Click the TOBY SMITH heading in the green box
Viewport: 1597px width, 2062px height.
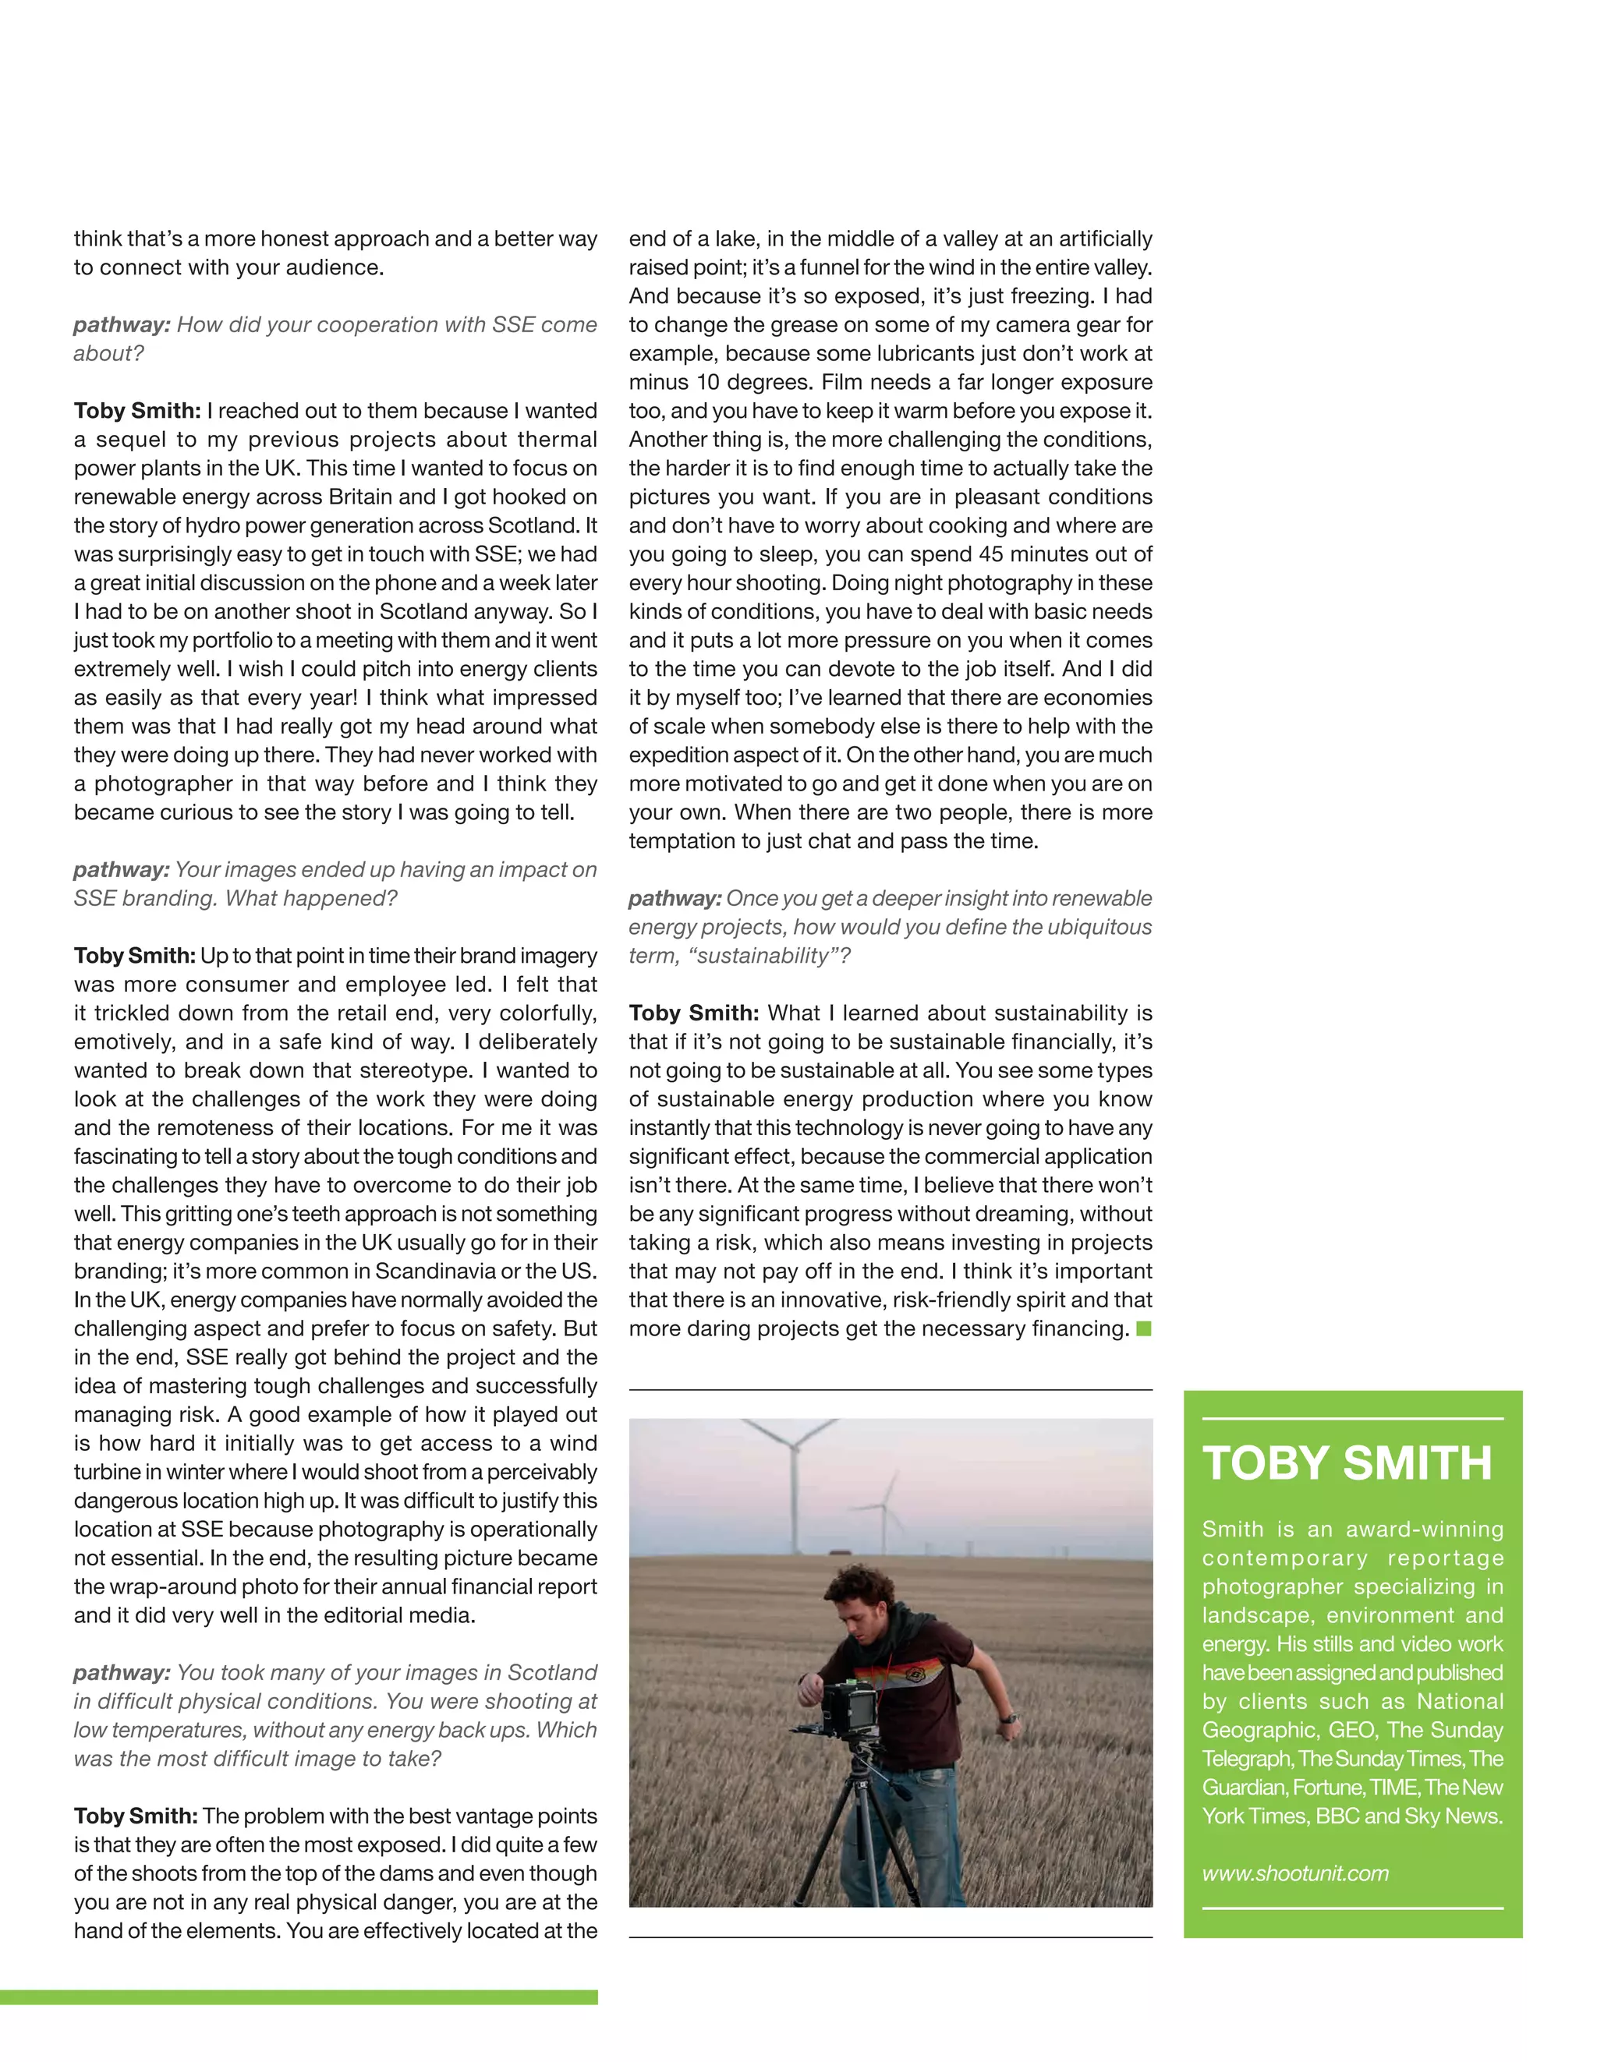1347,1463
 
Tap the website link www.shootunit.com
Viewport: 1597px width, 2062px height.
1294,1873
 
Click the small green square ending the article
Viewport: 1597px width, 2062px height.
1144,1329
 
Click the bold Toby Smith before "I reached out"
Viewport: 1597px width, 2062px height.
137,411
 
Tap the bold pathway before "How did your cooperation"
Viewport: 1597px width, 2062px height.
121,325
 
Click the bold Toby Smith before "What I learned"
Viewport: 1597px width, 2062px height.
693,1013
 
